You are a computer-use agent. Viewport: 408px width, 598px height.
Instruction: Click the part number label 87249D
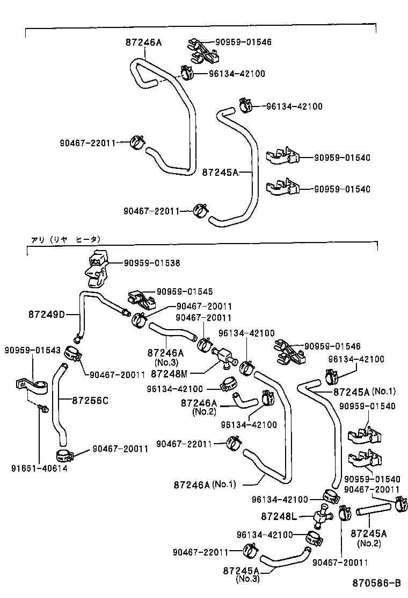coord(46,314)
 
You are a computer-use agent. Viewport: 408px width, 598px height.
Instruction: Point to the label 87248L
coord(279,516)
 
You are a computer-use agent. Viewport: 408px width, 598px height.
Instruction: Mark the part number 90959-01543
coord(25,350)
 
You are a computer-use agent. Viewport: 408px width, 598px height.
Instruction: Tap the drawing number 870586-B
coord(377,583)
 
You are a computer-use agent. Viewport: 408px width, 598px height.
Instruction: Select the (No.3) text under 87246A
coord(165,362)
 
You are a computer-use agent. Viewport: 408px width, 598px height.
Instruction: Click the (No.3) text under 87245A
coord(247,579)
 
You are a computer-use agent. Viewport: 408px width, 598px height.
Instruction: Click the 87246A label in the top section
coord(143,41)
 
